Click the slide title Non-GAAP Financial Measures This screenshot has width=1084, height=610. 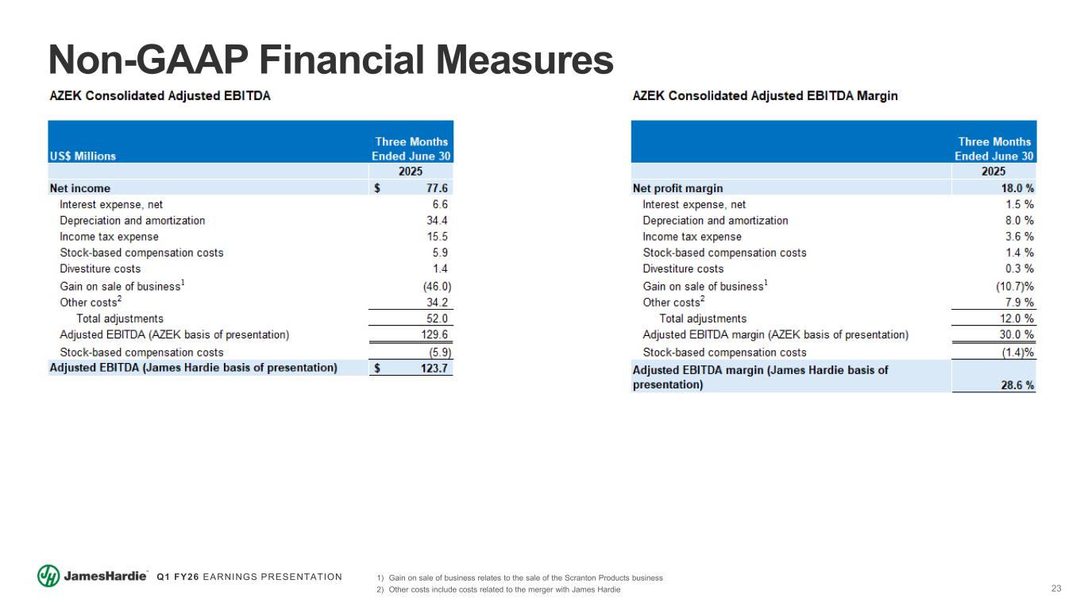(x=330, y=60)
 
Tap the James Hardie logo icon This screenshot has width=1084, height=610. (x=48, y=577)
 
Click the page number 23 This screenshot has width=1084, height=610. (x=1055, y=589)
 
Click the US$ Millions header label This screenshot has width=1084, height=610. (x=83, y=156)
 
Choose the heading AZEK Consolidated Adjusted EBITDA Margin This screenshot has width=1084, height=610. (x=765, y=96)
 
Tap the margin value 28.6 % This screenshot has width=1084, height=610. (x=1017, y=384)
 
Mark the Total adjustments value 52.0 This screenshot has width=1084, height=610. (x=436, y=319)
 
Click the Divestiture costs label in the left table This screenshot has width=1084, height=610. (x=100, y=268)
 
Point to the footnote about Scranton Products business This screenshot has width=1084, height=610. (x=525, y=577)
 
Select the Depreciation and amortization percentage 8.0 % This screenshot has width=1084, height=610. (x=1019, y=220)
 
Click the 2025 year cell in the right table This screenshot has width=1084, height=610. (x=993, y=172)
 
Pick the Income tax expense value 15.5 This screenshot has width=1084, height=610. (x=436, y=237)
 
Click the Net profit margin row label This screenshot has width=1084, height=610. (x=677, y=188)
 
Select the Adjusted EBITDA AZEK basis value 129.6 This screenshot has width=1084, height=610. (x=434, y=335)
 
